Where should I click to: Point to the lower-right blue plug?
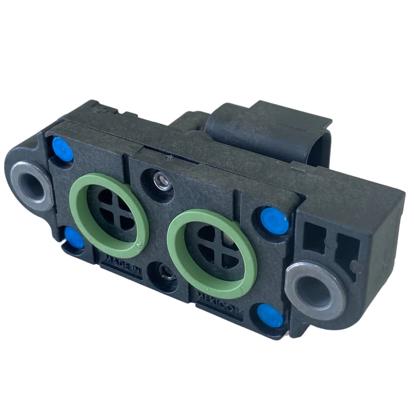coord(270,315)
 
